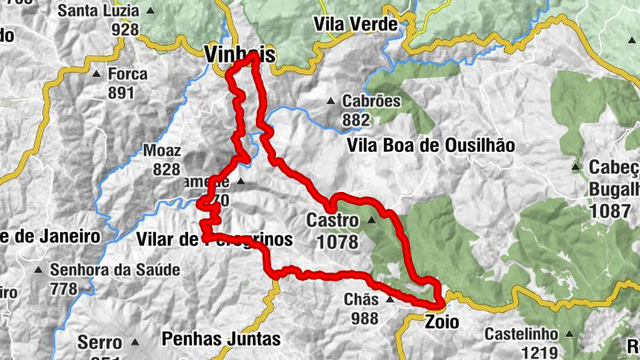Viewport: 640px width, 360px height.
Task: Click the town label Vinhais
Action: click(x=239, y=54)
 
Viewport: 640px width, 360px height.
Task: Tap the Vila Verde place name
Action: click(x=356, y=25)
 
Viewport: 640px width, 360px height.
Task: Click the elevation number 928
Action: click(x=126, y=30)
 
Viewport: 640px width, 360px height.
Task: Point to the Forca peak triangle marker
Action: click(x=96, y=74)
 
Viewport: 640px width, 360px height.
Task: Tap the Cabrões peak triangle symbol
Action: click(x=330, y=102)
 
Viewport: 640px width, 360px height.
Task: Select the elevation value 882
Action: click(x=355, y=120)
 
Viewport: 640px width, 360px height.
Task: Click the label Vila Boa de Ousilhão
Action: click(x=430, y=146)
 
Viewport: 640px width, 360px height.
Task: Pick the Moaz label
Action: click(x=162, y=150)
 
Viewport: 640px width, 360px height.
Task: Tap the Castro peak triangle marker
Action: click(x=371, y=220)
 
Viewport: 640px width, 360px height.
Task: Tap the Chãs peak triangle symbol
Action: click(x=390, y=300)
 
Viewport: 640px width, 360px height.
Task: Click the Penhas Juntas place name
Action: click(x=221, y=338)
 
